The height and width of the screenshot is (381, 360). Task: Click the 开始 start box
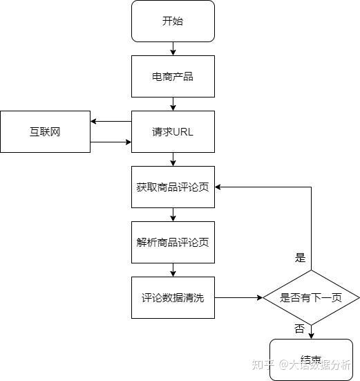tap(173, 21)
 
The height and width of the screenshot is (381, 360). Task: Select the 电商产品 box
tap(173, 76)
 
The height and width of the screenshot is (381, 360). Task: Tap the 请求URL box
tap(173, 131)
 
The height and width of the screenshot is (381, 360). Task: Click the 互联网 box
tap(45, 131)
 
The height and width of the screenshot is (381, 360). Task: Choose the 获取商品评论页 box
tap(173, 187)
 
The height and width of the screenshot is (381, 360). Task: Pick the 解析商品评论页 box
tap(173, 242)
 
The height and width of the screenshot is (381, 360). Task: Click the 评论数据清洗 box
tap(173, 298)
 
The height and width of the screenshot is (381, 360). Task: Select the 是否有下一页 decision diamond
tap(310, 298)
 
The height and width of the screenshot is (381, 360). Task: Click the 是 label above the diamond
tap(300, 258)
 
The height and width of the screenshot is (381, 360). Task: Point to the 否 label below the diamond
tap(299, 329)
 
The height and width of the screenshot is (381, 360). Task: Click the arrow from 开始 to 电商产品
tap(173, 48)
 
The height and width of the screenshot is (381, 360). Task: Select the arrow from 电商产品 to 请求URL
tap(173, 104)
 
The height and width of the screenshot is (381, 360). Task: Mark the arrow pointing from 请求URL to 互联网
tap(111, 122)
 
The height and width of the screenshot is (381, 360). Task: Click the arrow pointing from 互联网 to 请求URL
tap(111, 142)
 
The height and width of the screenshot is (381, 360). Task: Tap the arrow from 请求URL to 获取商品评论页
tap(173, 159)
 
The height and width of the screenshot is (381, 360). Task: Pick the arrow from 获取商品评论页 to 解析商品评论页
tap(173, 214)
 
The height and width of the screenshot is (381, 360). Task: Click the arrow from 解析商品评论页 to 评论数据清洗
tap(173, 270)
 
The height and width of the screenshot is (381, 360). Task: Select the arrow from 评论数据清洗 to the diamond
tap(238, 298)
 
